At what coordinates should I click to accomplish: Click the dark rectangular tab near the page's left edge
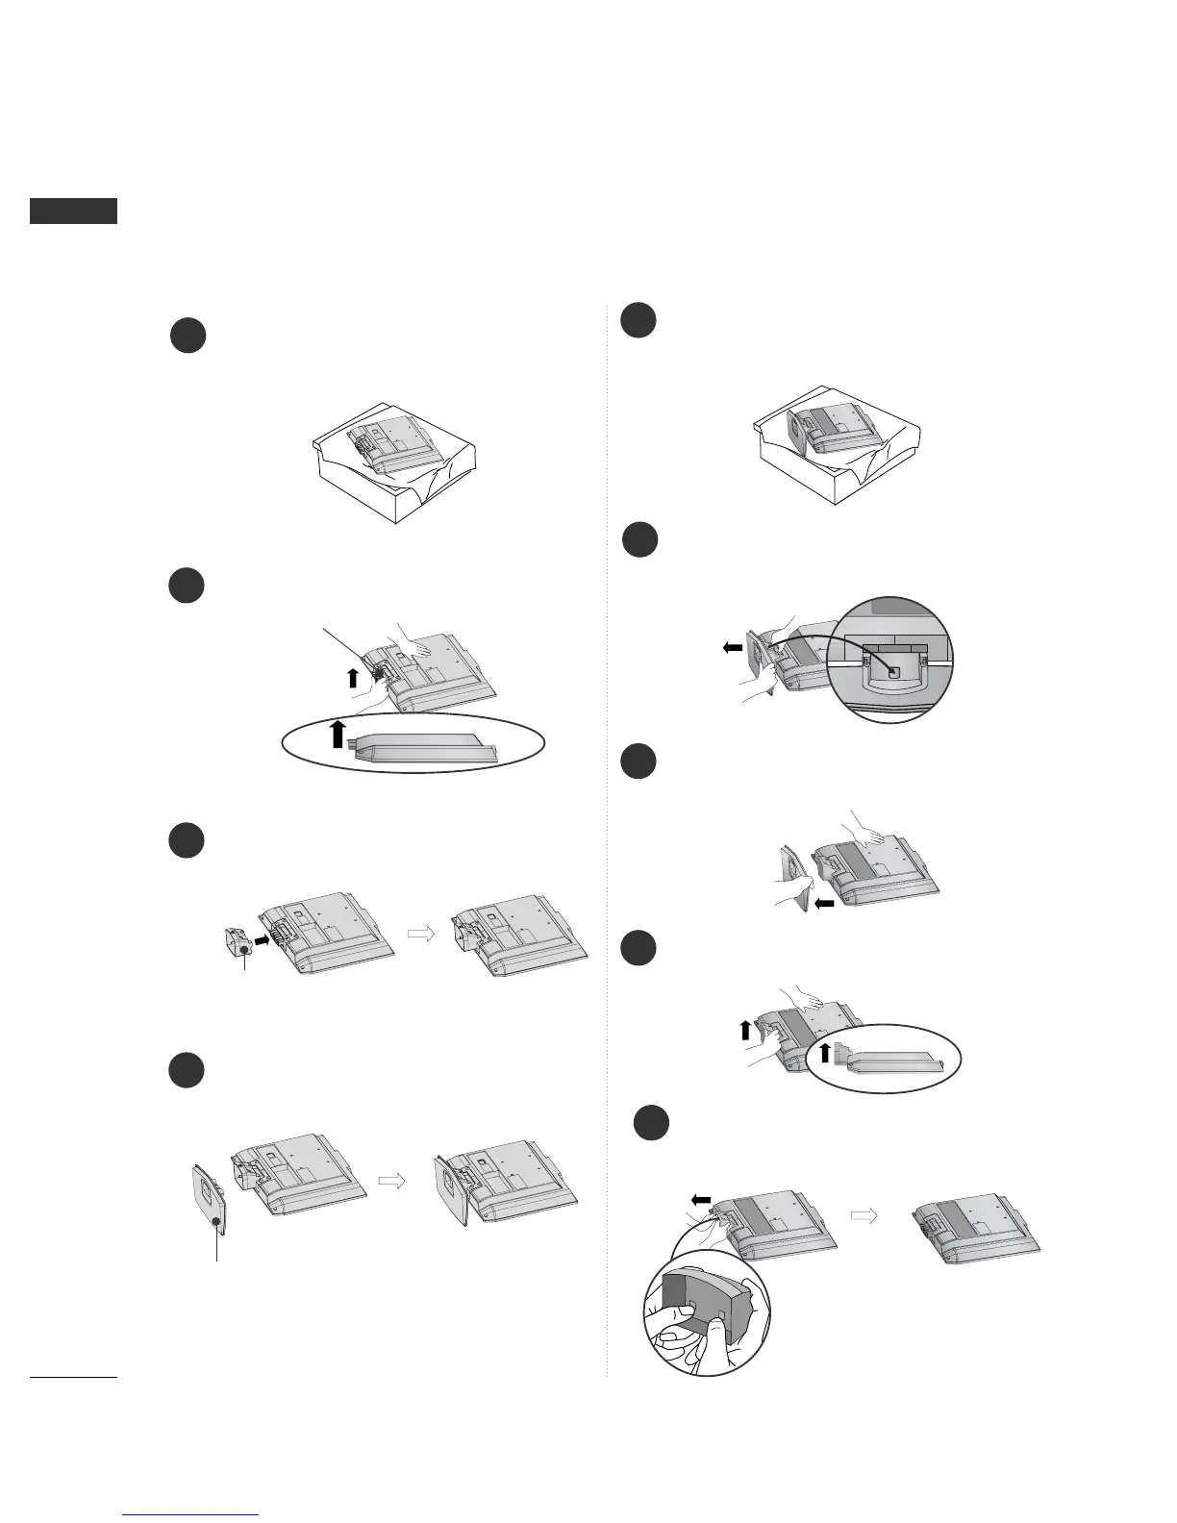(x=73, y=211)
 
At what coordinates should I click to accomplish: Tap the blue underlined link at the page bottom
(x=191, y=1514)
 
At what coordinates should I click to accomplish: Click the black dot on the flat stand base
(x=217, y=1222)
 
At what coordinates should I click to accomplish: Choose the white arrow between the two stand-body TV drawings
(x=421, y=932)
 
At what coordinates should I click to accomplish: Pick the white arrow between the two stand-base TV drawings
(x=391, y=1182)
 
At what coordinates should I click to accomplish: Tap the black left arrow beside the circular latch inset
(x=732, y=648)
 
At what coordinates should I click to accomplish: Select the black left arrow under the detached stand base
(x=824, y=904)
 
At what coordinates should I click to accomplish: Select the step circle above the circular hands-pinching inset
(x=651, y=1124)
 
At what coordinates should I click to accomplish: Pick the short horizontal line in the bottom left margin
(x=73, y=1378)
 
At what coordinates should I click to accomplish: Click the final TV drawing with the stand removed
(x=976, y=1226)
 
